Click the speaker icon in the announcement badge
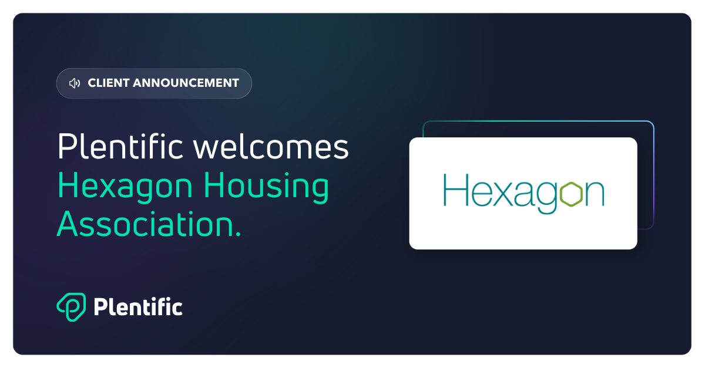coord(74,83)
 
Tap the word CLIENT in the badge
coord(108,83)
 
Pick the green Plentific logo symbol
coord(72,307)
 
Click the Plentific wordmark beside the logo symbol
coord(138,306)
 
